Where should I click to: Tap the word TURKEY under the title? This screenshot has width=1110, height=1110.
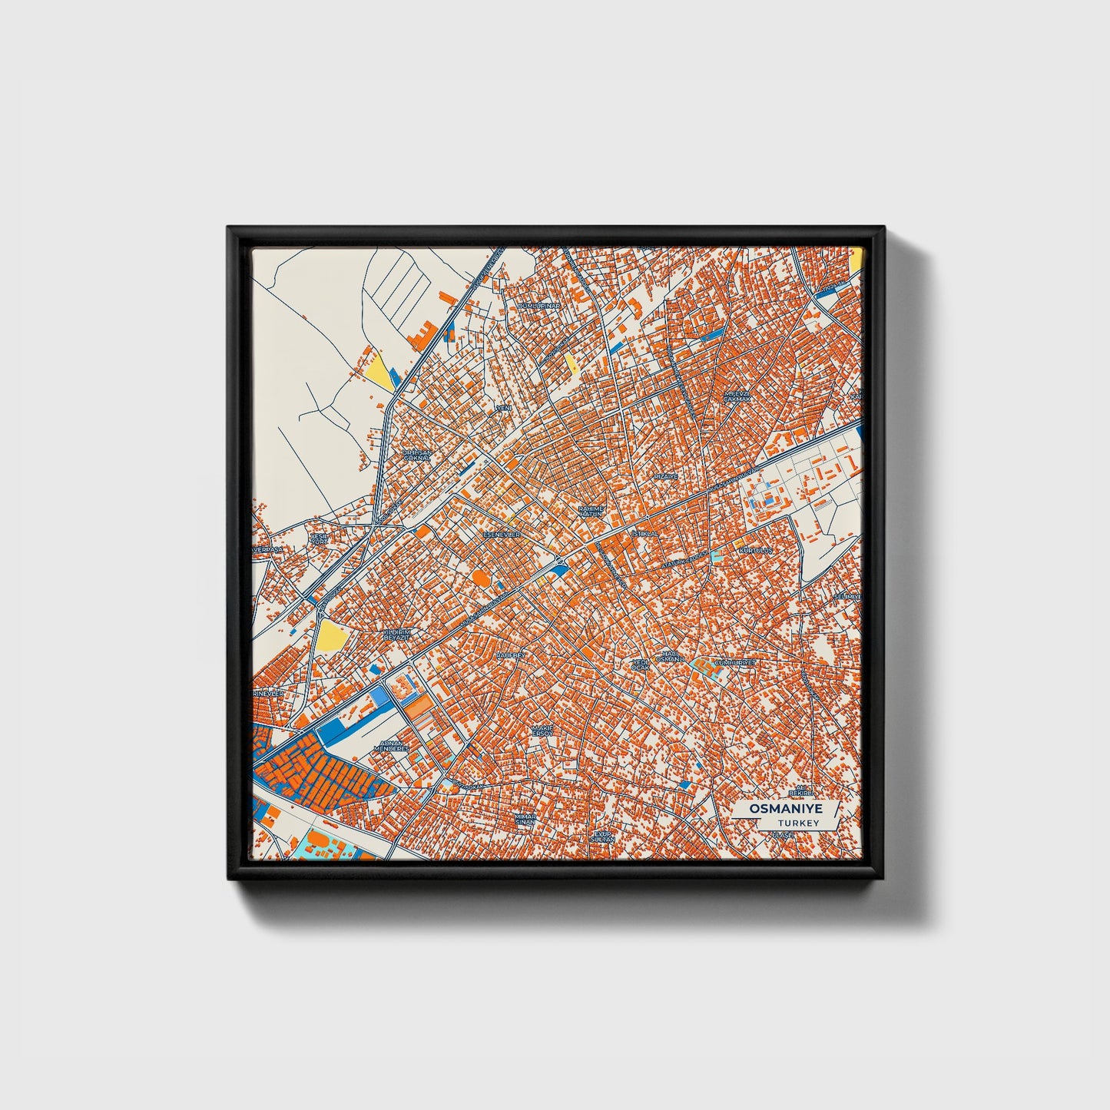coord(798,823)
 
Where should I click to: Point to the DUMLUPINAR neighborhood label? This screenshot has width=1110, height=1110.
coord(539,306)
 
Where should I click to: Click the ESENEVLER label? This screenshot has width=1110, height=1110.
coord(501,534)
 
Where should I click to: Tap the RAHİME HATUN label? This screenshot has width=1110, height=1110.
coord(591,511)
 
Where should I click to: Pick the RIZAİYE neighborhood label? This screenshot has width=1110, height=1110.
coord(666,476)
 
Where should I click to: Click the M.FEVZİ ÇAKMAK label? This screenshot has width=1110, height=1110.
coord(735,396)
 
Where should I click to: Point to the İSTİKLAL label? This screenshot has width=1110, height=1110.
coord(644,532)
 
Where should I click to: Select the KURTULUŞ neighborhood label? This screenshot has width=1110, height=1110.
coord(755,551)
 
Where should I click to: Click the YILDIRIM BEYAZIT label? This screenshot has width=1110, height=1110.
coord(397,635)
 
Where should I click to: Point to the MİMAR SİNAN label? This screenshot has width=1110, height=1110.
coord(525,819)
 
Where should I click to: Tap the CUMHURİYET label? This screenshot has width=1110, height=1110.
coord(735,661)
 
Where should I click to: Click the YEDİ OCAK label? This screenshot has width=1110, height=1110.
coord(640,664)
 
